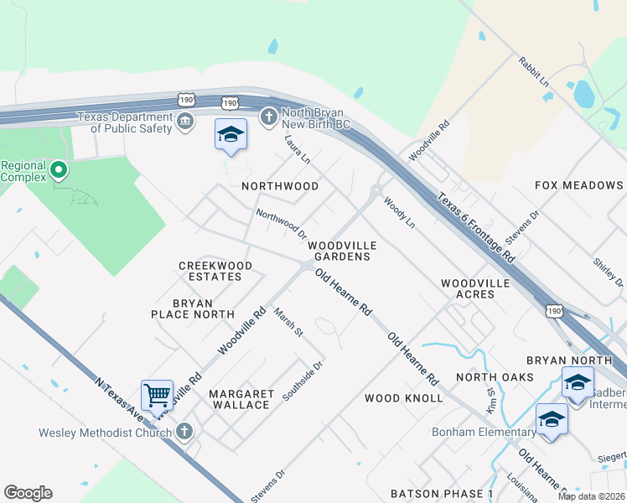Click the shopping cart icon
click(x=156, y=394)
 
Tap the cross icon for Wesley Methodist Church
click(x=185, y=433)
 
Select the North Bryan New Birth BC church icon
click(x=269, y=117)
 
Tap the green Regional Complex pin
click(x=58, y=171)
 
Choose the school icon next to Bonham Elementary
click(x=552, y=420)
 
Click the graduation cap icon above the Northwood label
click(x=231, y=134)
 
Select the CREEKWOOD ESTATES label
click(x=215, y=272)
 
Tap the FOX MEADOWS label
click(x=579, y=185)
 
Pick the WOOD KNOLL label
click(x=403, y=398)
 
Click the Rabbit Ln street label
click(x=532, y=73)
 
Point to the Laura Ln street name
click(x=298, y=149)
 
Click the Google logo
click(x=28, y=493)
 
